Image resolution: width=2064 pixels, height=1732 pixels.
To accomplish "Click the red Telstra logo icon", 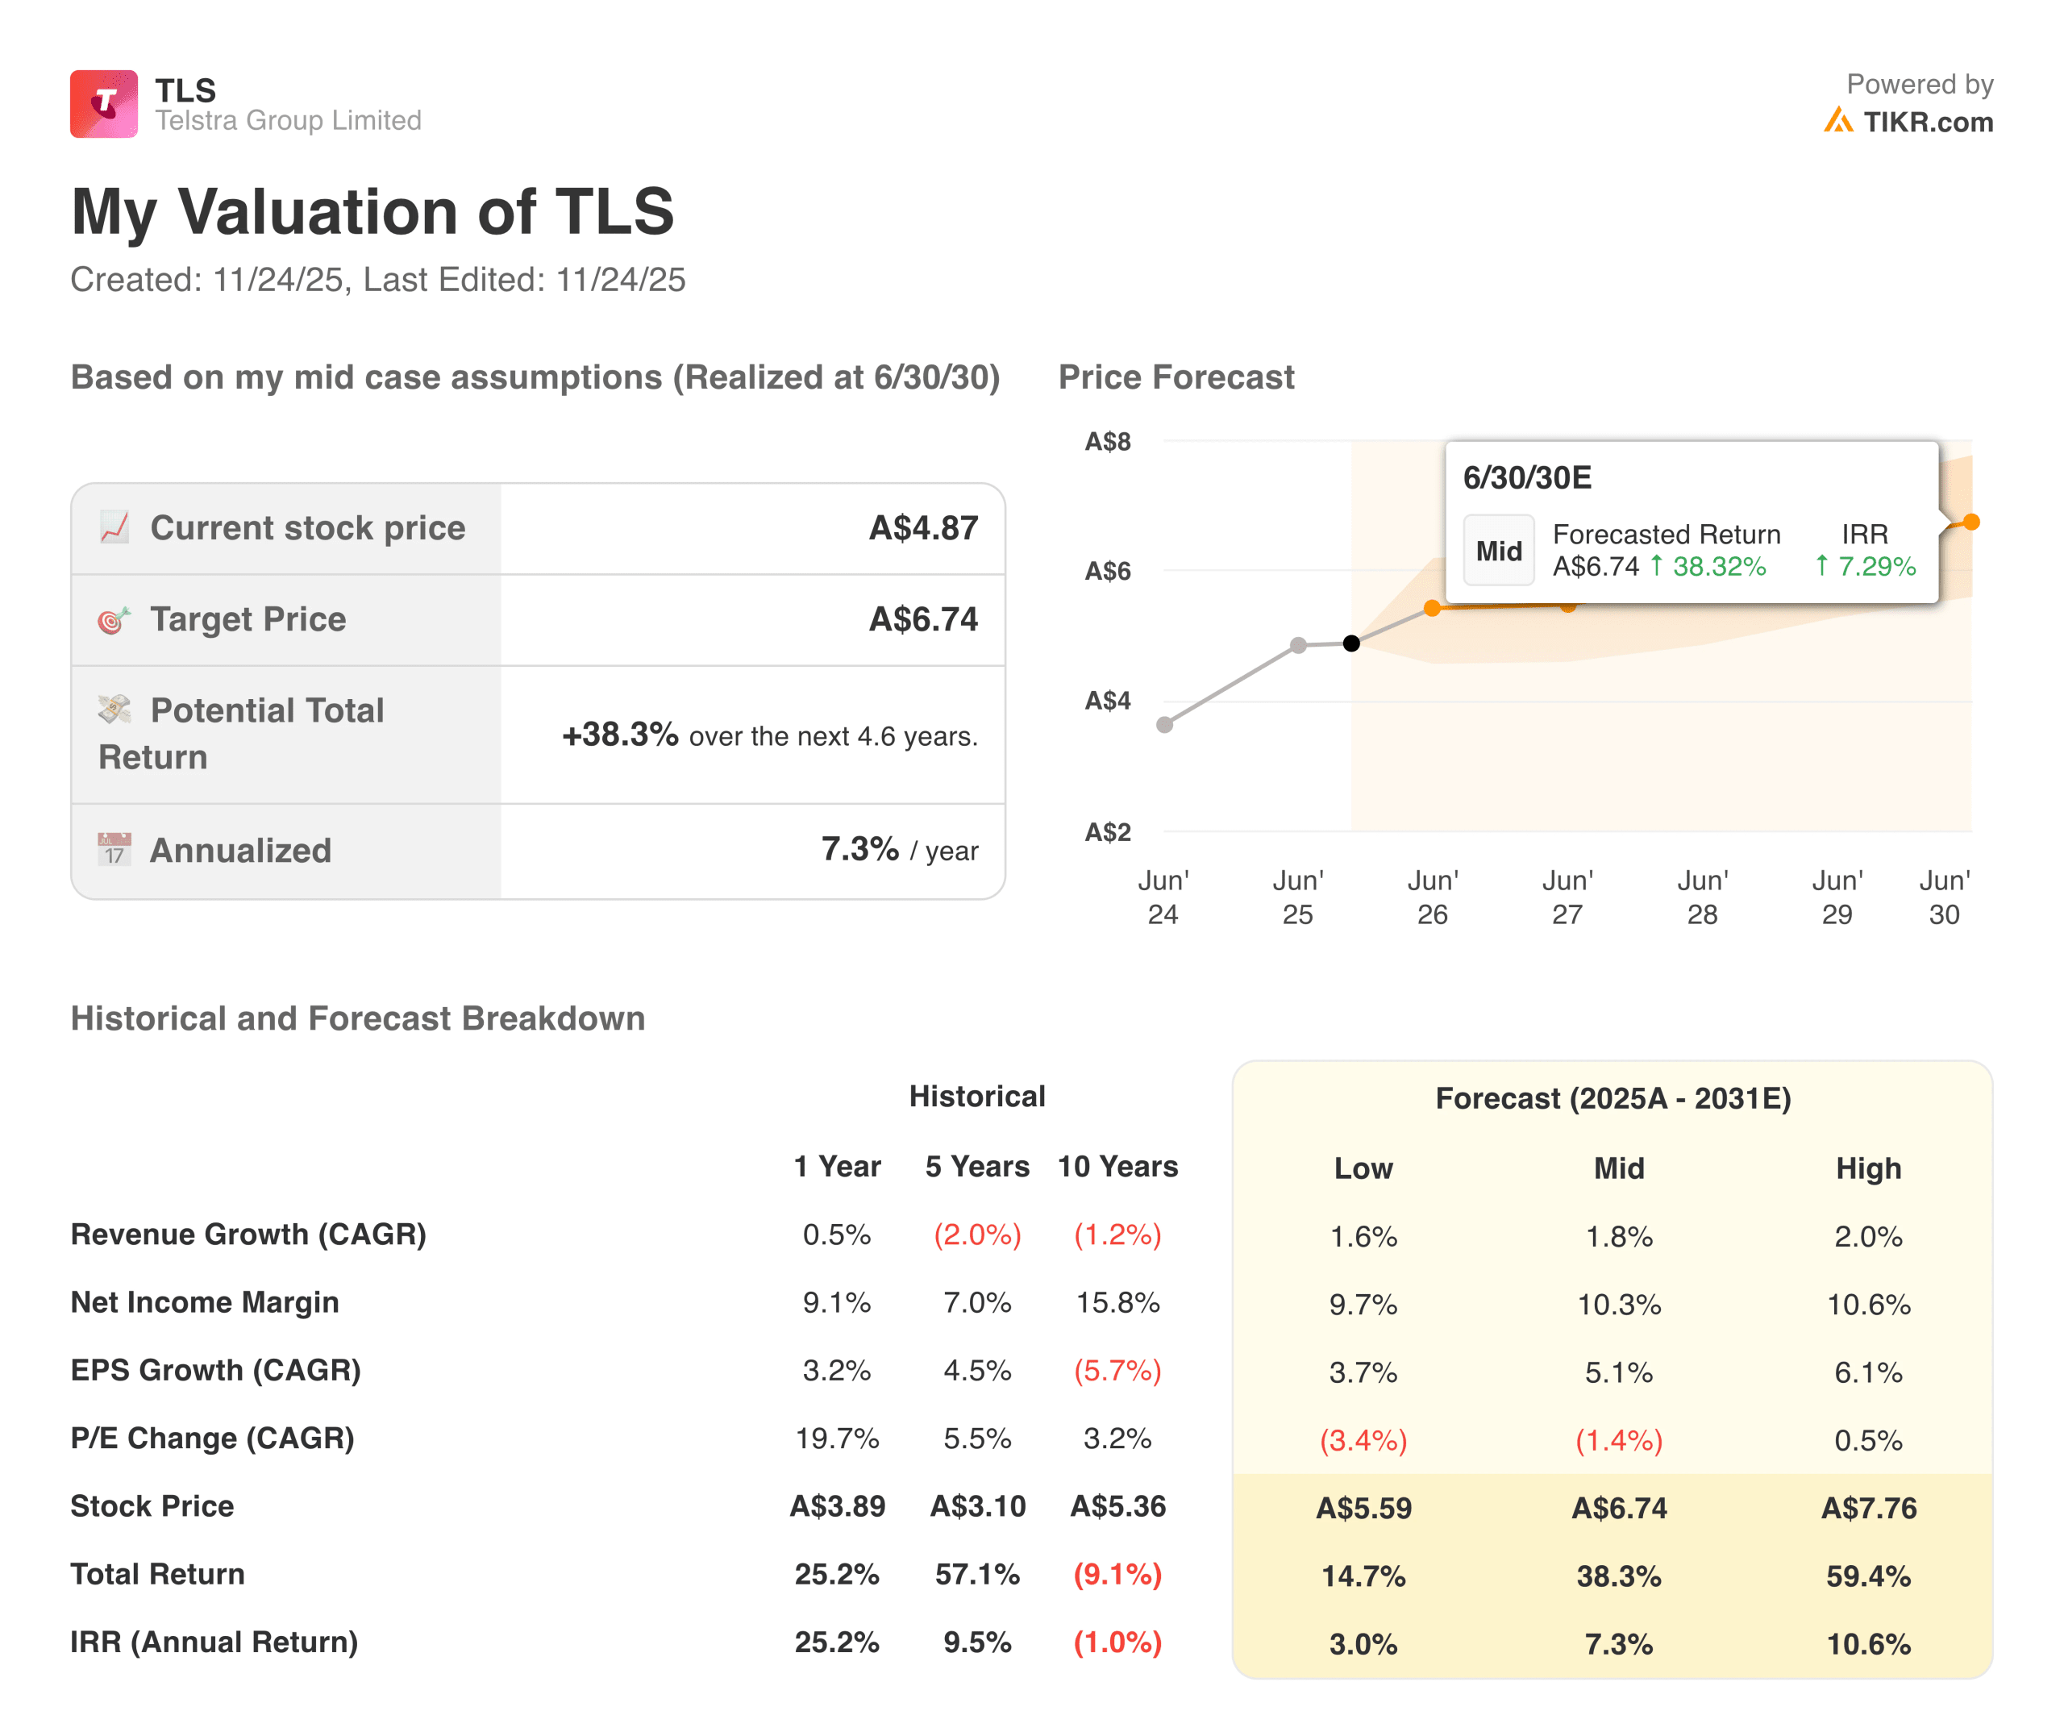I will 103,103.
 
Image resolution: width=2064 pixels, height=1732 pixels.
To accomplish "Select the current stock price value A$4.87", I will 923,528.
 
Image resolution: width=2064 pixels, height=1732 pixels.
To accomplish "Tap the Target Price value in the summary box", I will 923,619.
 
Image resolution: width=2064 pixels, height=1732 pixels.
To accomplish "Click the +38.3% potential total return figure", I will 619,735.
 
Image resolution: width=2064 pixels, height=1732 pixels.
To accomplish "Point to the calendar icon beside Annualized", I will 114,849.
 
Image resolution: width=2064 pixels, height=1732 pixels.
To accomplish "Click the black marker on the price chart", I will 1351,643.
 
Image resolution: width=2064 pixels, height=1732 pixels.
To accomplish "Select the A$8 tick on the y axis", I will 1107,441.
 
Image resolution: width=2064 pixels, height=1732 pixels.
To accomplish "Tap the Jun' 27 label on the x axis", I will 1567,897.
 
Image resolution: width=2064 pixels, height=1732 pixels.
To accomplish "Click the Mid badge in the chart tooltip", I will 1498,551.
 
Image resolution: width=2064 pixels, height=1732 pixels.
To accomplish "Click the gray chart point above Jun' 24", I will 1165,724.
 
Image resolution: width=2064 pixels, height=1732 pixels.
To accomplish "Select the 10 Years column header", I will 1117,1166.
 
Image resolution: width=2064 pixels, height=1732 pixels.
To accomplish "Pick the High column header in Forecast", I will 1867,1168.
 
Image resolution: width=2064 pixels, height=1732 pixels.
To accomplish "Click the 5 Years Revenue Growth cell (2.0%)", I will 977,1234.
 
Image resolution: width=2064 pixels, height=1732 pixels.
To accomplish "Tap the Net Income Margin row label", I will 205,1301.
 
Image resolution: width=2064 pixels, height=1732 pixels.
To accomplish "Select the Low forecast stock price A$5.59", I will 1363,1508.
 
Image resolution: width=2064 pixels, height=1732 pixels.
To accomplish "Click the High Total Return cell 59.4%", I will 1867,1576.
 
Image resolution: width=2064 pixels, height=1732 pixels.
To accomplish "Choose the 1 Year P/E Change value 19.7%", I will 836,1438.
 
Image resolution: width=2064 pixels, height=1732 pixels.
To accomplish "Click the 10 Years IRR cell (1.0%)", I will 1117,1642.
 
